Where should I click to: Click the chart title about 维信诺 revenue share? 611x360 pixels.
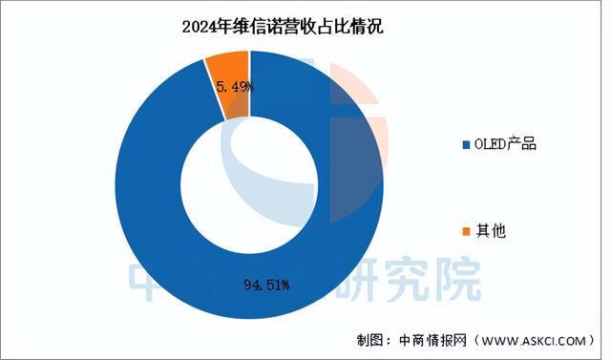[283, 27]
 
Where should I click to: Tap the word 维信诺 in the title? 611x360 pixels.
[252, 27]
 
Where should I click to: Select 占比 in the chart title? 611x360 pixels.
[334, 27]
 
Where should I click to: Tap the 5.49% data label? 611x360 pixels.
[234, 88]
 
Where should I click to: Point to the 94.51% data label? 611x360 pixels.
[265, 284]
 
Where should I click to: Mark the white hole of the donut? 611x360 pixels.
[250, 181]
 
